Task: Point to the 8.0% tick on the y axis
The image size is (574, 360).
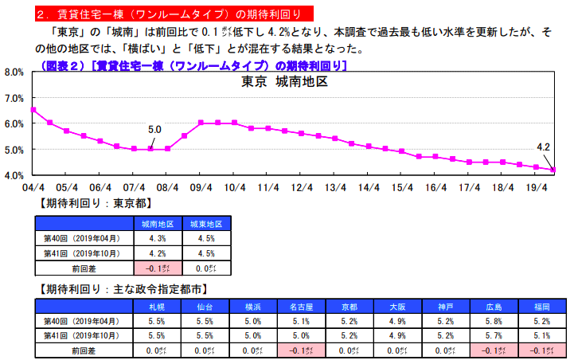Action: (x=15, y=72)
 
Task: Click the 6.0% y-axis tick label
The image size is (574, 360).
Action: (x=15, y=123)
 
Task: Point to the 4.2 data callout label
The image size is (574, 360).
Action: (x=544, y=147)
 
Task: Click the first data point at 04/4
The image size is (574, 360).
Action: (x=33, y=110)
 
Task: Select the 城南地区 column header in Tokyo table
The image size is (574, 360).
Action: (x=157, y=224)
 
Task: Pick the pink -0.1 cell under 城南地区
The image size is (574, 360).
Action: (x=157, y=268)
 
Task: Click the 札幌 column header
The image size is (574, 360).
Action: (x=157, y=306)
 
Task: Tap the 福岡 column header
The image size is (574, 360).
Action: (x=541, y=306)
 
